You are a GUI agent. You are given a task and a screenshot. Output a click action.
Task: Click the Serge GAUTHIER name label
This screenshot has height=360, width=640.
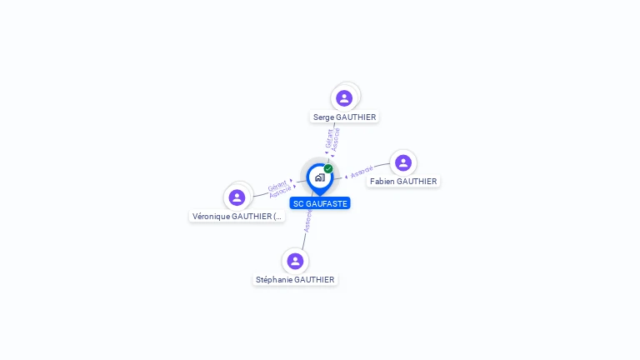tap(344, 117)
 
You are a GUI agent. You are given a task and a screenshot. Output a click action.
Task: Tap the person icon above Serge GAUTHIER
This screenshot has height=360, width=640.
tap(344, 98)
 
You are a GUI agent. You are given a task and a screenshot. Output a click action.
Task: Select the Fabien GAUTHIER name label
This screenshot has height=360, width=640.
tap(403, 182)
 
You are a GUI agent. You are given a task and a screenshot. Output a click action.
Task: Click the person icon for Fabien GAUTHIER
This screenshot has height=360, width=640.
tap(403, 162)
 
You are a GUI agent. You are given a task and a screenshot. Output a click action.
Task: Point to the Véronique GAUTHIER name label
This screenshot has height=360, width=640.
tap(237, 217)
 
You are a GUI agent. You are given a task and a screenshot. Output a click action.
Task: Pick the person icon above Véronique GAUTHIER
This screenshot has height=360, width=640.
tap(237, 197)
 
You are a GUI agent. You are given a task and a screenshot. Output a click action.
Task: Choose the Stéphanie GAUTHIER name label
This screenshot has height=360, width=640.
tap(295, 280)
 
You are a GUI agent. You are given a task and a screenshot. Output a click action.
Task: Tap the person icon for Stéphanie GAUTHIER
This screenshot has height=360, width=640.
tap(295, 261)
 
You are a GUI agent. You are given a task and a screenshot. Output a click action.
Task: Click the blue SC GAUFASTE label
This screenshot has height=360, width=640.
tap(320, 203)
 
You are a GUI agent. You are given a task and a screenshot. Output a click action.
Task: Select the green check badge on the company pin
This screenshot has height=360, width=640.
tap(328, 168)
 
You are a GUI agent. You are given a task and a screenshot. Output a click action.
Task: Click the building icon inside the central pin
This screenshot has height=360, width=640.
tap(319, 177)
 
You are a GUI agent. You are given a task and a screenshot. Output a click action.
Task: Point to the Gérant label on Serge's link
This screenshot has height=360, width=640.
tap(330, 137)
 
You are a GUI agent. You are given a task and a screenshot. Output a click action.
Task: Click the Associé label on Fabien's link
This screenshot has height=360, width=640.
tap(362, 172)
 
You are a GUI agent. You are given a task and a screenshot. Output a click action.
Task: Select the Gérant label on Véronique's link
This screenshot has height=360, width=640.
tap(277, 185)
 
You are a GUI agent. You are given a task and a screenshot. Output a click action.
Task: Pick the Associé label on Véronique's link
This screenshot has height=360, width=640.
tap(281, 192)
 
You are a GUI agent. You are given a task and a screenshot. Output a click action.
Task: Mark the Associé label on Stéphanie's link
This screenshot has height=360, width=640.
tap(308, 221)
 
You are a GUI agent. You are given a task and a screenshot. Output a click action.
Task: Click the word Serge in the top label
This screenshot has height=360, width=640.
tap(323, 117)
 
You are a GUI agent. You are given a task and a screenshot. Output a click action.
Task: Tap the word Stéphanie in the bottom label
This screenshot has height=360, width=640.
tap(274, 280)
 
